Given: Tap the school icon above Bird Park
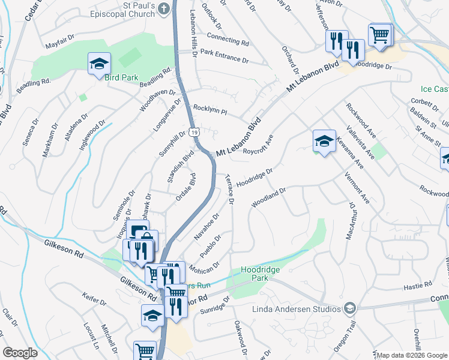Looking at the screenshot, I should click(99, 64).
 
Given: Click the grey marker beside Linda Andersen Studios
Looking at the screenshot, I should click(350, 308).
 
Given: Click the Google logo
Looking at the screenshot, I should click(20, 353).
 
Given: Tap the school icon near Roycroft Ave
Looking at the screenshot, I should click(324, 141).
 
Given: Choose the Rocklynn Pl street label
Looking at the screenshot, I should click(209, 110).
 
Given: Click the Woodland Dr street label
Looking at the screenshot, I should click(269, 197).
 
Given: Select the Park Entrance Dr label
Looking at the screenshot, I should click(224, 56).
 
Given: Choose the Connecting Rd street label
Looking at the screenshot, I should click(228, 40).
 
